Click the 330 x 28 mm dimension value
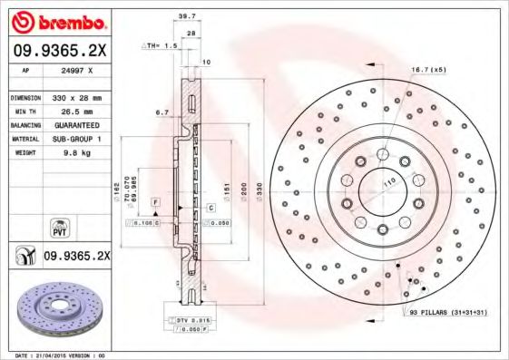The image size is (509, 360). click(78, 96)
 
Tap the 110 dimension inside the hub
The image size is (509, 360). click(391, 182)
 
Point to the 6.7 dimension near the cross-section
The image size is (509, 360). click(162, 113)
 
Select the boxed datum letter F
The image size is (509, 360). click(155, 199)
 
